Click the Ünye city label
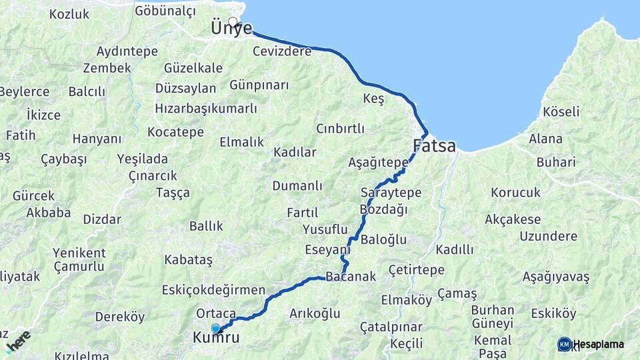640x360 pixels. (231, 29)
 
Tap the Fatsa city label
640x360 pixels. (434, 145)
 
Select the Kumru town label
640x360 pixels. (216, 338)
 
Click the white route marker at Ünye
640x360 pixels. (233, 21)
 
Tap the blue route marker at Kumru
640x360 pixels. (215, 328)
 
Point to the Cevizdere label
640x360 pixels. (282, 51)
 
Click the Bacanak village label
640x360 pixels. (351, 277)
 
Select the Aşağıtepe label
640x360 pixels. (378, 162)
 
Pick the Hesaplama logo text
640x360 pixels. (599, 344)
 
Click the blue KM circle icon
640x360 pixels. (564, 344)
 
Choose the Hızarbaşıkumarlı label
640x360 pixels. (205, 108)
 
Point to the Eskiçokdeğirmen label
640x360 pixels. (213, 291)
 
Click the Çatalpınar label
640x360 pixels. (391, 327)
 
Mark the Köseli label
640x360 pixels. (561, 111)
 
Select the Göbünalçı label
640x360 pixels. (165, 11)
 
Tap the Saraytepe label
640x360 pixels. (391, 193)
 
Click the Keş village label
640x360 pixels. (373, 99)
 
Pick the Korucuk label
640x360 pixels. (515, 193)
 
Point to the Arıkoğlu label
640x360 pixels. (315, 313)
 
